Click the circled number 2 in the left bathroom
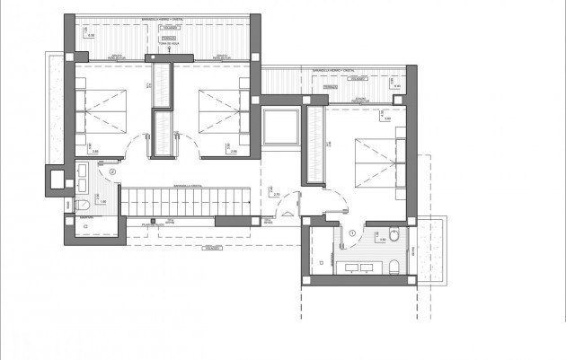(112, 171)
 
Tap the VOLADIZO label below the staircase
(213, 246)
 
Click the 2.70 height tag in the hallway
(277, 195)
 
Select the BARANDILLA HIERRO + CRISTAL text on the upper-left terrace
(167, 18)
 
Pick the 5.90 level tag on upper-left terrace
(91, 37)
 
